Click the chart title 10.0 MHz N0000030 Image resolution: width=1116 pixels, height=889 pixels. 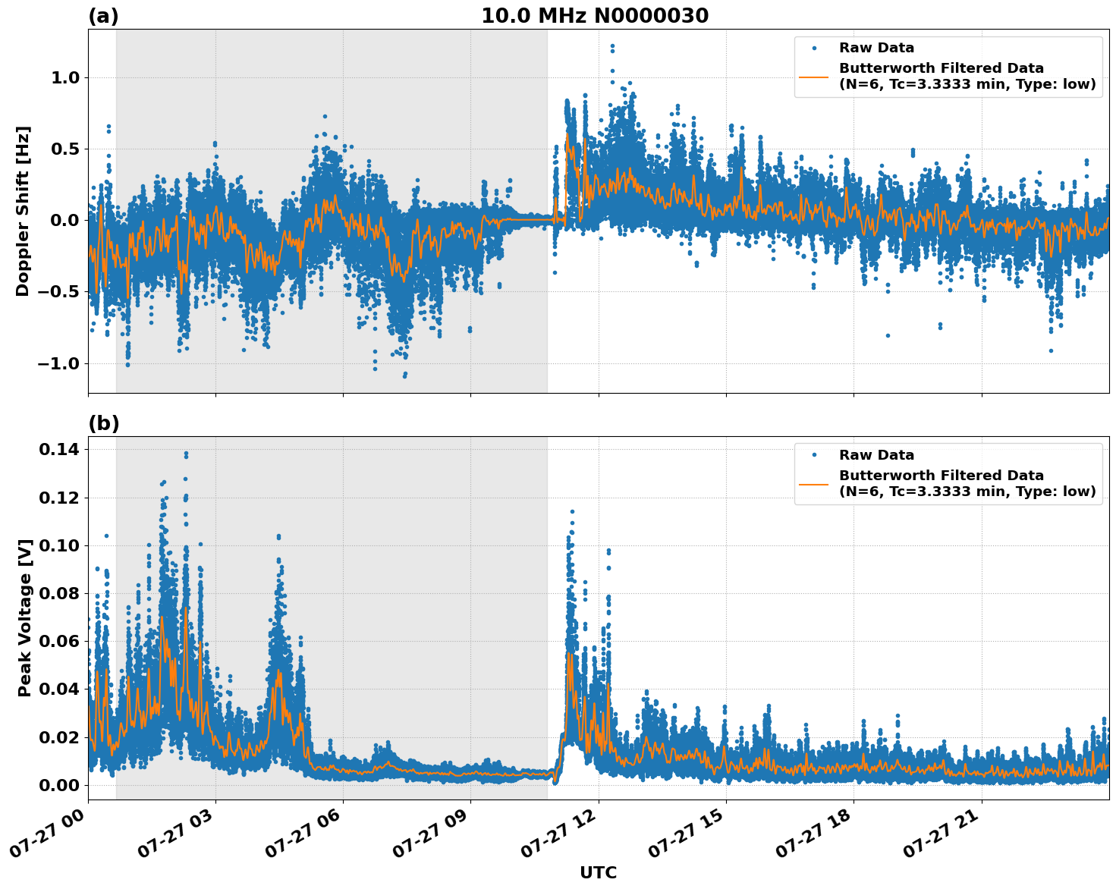pos(595,16)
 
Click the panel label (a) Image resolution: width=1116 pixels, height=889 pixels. pos(103,16)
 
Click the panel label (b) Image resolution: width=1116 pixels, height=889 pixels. pos(103,423)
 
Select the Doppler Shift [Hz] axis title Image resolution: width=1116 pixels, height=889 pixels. pos(23,211)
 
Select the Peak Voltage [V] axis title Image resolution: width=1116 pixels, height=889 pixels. pos(25,617)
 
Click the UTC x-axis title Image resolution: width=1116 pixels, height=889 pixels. pos(598,872)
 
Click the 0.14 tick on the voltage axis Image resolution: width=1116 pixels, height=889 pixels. pos(58,450)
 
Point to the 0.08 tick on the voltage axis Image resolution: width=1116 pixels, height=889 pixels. pos(58,593)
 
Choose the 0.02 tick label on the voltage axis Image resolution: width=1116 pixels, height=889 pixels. pos(58,737)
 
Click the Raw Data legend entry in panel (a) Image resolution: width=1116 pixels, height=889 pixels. pos(876,48)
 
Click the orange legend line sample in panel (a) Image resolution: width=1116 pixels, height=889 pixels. pos(814,77)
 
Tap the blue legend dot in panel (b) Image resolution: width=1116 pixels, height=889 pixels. pos(814,455)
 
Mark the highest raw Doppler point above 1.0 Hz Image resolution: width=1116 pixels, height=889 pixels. pos(612,46)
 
